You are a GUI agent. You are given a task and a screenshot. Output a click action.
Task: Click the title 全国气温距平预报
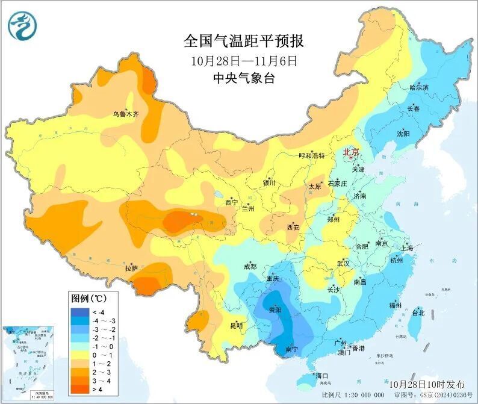point(244,42)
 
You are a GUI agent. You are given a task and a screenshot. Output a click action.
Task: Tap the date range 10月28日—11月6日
point(244,61)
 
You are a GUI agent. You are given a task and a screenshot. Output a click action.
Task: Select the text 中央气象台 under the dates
point(244,78)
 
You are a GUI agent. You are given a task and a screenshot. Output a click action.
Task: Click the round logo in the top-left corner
point(22,26)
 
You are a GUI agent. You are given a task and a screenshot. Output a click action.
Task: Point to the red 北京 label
point(351,152)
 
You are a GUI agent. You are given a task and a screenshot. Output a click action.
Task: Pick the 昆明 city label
point(237,326)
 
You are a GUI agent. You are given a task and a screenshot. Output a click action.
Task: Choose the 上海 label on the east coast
point(406,248)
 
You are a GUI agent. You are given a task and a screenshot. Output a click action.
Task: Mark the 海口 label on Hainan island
point(321,376)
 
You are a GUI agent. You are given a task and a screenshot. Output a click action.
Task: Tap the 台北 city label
point(418,313)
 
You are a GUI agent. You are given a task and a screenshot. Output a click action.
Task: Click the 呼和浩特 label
point(312,155)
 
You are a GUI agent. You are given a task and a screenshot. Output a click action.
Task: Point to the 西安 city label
point(293,228)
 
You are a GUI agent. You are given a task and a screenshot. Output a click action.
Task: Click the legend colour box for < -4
point(79,312)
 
